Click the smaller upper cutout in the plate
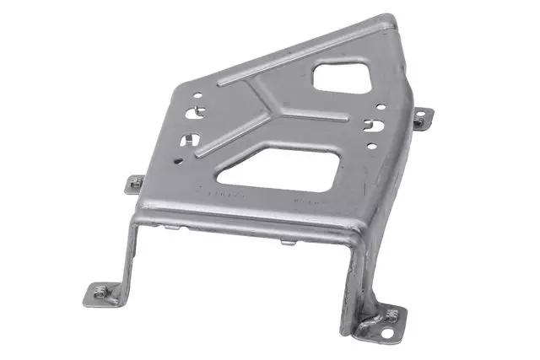(339, 77)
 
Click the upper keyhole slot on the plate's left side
(198, 110)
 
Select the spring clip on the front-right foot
(390, 314)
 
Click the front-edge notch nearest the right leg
(288, 242)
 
